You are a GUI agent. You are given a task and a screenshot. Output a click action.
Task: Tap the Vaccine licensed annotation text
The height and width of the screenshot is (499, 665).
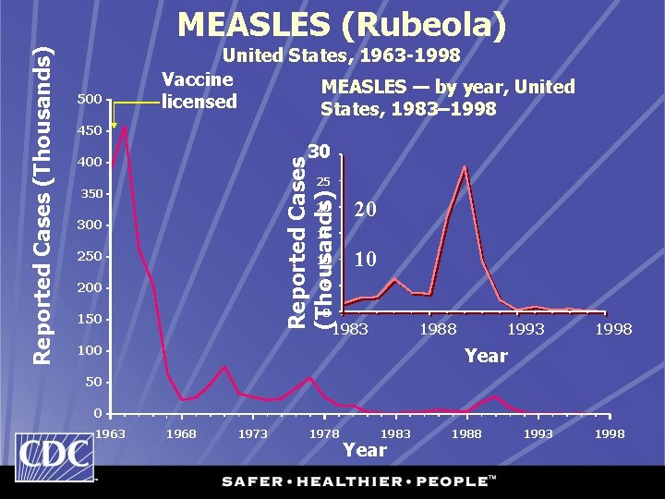coord(199,91)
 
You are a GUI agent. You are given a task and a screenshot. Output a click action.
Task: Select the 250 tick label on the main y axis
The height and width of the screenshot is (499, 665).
coord(90,257)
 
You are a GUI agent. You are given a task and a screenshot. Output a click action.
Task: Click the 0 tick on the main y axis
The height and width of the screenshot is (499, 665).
coord(96,413)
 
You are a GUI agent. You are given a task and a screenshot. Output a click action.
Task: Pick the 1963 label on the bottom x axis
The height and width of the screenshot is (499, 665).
coord(111,433)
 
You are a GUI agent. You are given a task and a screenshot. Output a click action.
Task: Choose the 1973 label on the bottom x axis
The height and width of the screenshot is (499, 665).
coord(253,433)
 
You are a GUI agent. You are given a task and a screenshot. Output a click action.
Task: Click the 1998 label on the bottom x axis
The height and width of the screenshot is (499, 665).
coord(611,433)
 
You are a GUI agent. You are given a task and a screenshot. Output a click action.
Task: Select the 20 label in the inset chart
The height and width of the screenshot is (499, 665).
coord(366,211)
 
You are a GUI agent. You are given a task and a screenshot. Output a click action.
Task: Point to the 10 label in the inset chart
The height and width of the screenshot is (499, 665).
coord(366,260)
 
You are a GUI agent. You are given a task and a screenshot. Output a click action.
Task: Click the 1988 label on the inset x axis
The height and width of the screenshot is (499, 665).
coord(437,329)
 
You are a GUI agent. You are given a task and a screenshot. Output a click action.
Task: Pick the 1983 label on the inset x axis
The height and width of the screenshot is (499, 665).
coord(350,329)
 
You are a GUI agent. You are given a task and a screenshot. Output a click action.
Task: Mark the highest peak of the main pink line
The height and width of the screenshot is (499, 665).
coord(124,127)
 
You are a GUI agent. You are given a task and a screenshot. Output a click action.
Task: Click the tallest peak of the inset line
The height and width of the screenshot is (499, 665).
coord(465,167)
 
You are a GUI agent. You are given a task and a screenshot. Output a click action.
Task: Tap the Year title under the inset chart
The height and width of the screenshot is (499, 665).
coord(486,355)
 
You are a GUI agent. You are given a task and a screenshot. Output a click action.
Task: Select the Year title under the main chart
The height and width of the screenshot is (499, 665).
coord(364,450)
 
